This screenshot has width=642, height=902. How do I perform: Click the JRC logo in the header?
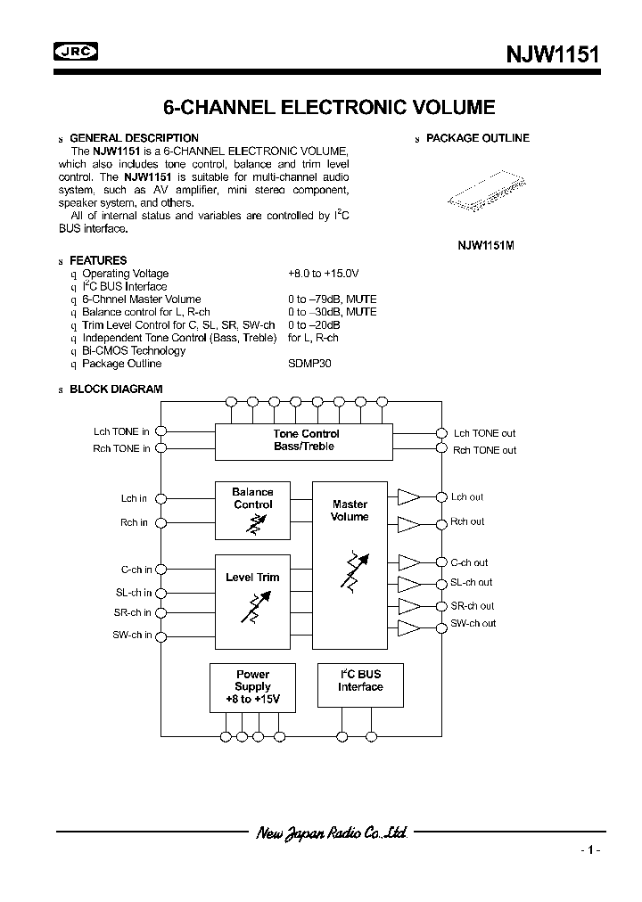pyautogui.click(x=77, y=53)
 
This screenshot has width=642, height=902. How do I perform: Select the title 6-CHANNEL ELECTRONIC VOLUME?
pyautogui.click(x=329, y=108)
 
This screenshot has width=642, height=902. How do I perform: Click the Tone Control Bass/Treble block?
pyautogui.click(x=306, y=440)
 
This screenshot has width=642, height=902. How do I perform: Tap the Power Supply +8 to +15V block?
pyautogui.click(x=252, y=687)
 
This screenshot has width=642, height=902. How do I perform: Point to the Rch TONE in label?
pyautogui.click(x=121, y=448)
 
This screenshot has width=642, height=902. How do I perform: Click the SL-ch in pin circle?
pyautogui.click(x=160, y=593)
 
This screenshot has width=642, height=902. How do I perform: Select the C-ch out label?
pyautogui.click(x=469, y=562)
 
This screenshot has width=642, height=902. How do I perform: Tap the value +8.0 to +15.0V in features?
pyautogui.click(x=323, y=274)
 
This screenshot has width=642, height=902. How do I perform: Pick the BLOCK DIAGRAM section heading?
pyautogui.click(x=116, y=389)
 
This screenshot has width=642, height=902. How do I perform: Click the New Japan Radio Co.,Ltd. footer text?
pyautogui.click(x=331, y=833)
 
